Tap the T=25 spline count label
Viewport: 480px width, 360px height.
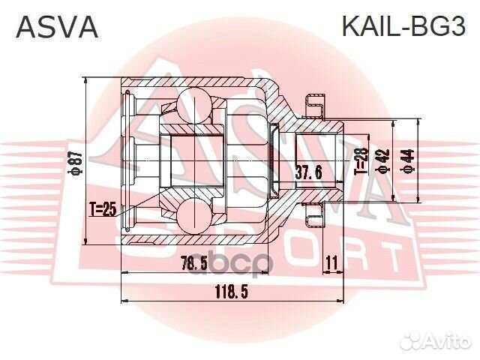tap(103, 210)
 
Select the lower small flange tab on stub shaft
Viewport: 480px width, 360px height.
tap(314, 217)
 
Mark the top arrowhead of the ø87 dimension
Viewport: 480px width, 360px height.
tap(88, 81)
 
